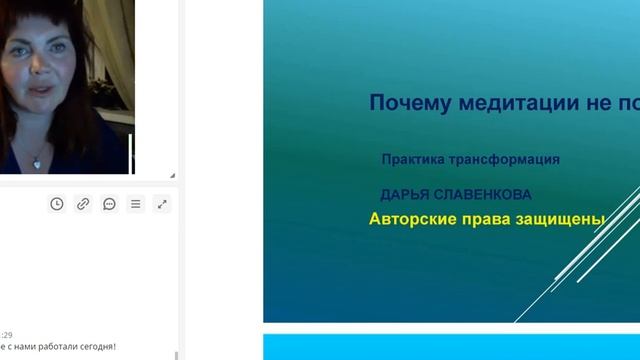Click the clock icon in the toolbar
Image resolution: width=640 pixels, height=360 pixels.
(57, 204)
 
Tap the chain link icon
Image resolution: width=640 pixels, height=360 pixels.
(83, 204)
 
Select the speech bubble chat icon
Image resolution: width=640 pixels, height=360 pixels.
(109, 204)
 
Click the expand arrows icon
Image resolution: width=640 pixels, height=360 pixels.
(162, 204)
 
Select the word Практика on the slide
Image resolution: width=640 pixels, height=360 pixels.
(412, 159)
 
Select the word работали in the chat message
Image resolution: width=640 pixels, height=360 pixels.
(50, 347)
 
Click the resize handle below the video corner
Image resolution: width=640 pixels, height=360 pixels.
(171, 175)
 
